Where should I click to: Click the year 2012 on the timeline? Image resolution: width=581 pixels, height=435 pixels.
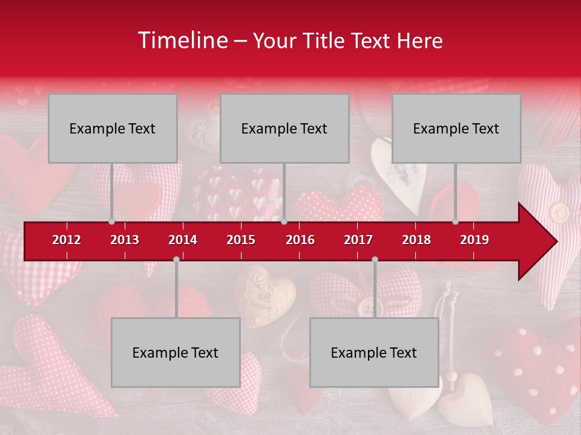point(67,240)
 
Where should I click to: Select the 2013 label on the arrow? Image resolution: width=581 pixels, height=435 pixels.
point(125,240)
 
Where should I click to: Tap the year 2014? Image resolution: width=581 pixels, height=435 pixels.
point(183,240)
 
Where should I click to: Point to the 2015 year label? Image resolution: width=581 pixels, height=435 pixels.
point(241,240)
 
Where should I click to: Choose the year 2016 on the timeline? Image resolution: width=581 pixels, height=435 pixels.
point(300,240)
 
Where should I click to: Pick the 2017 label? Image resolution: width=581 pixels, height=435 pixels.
point(358,240)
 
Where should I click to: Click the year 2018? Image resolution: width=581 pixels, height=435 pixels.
point(416,240)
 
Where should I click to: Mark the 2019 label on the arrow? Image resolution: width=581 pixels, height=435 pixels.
point(474,240)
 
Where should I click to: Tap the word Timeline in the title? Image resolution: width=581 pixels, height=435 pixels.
point(182,40)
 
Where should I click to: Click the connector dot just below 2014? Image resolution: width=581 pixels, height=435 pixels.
point(176,259)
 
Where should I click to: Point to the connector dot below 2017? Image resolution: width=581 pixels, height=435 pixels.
point(375,259)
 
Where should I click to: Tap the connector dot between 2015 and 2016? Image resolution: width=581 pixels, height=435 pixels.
point(284,222)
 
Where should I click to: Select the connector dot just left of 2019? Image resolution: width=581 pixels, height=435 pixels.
point(456,222)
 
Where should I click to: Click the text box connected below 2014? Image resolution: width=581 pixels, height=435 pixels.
point(176,352)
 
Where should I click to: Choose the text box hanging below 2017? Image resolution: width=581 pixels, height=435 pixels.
point(374,352)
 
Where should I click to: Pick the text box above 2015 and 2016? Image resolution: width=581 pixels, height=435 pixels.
point(284,128)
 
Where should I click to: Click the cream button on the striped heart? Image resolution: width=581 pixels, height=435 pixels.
point(560,212)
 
